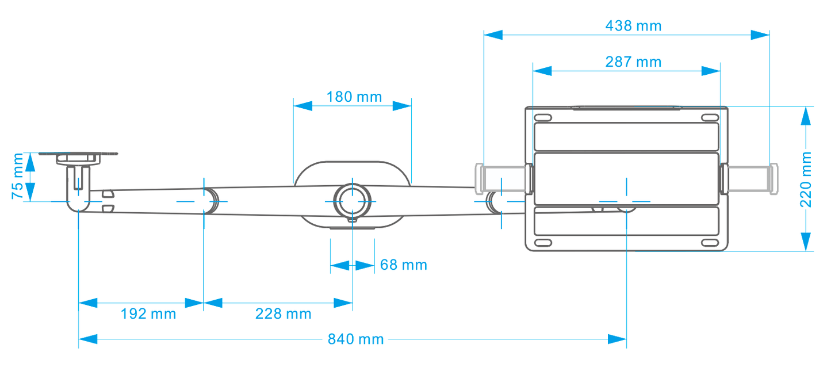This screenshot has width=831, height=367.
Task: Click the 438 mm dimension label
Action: coord(633,26)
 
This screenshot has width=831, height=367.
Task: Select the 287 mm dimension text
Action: coord(633,62)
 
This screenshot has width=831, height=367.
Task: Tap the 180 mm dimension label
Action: coord(354,97)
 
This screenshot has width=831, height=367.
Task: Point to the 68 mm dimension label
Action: coord(403,265)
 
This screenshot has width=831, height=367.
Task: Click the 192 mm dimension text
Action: coord(148,314)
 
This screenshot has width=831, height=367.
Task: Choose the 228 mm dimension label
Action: coord(283,314)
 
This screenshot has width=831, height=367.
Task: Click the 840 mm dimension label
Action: coord(355,339)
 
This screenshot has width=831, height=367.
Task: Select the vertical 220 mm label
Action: coord(806,179)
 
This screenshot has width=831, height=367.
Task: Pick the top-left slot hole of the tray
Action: coord(543,117)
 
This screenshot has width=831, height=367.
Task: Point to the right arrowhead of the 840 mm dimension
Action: coord(618,339)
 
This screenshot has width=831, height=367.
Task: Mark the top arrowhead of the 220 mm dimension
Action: coord(806,116)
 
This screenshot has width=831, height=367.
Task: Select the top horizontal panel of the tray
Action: coord(626,137)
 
